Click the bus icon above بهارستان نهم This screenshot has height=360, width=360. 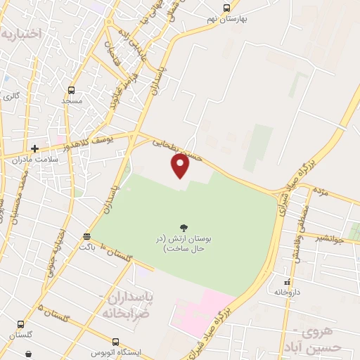point(226,8)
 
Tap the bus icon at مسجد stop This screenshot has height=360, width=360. point(71,90)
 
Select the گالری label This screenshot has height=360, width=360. point(11,96)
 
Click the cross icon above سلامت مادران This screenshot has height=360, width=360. point(34,148)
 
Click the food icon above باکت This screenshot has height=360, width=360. point(86,236)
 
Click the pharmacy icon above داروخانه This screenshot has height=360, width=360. point(287,280)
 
